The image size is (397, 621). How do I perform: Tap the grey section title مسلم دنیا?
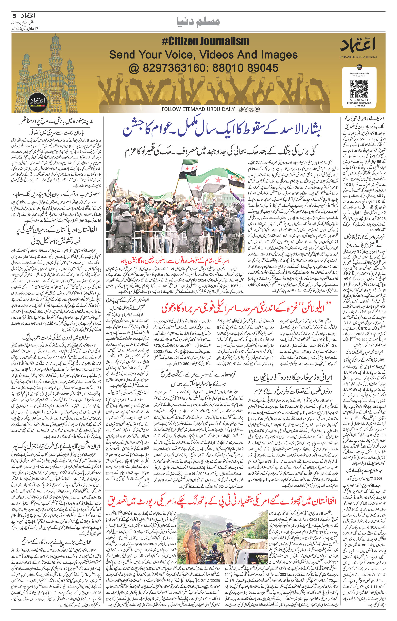(198, 22)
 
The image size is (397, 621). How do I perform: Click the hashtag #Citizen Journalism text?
(205, 41)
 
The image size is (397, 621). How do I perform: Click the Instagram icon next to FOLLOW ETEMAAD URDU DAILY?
(240, 109)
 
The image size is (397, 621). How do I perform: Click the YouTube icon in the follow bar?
(257, 109)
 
